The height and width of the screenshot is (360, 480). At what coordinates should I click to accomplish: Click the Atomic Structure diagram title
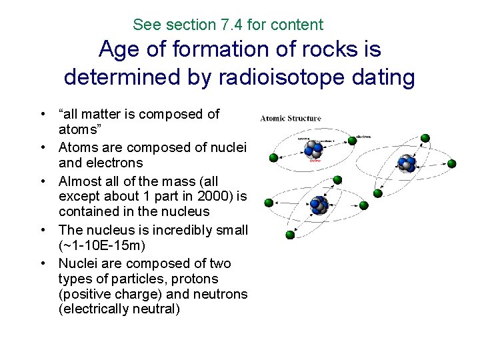pos(291,119)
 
